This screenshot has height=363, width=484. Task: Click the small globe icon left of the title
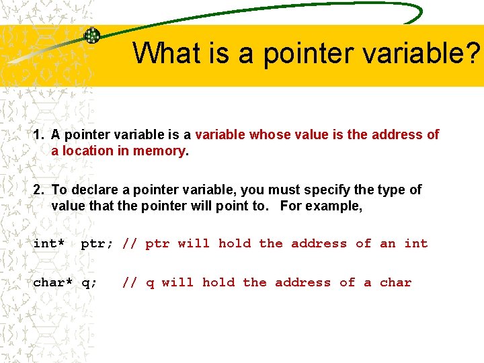pyautogui.click(x=91, y=36)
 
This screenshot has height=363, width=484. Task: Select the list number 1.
pyautogui.click(x=38, y=134)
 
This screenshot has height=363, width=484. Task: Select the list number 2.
pyautogui.click(x=38, y=190)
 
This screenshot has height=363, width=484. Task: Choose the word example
pyautogui.click(x=333, y=206)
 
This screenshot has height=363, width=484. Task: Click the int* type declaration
pyautogui.click(x=49, y=243)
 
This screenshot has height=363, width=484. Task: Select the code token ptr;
pyautogui.click(x=97, y=243)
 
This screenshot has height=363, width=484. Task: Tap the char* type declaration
pyautogui.click(x=53, y=282)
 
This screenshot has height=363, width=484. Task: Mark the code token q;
pyautogui.click(x=89, y=283)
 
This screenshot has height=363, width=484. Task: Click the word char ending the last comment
pyautogui.click(x=395, y=282)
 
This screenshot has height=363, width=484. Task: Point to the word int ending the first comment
pyautogui.click(x=416, y=243)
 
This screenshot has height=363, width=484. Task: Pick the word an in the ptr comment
pyautogui.click(x=388, y=244)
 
